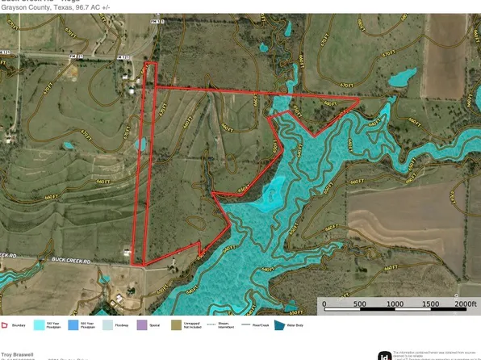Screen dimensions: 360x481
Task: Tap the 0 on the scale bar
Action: (324, 305)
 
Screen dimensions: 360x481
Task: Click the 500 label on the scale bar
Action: (360, 305)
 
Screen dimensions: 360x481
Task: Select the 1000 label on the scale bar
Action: (396, 305)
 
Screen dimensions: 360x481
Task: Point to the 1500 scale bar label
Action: (432, 305)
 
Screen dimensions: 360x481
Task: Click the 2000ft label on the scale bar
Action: (466, 305)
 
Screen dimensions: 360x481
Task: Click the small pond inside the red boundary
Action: (143, 144)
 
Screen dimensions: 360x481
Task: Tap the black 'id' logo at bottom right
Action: (385, 355)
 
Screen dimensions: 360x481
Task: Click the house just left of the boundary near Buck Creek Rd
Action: (127, 254)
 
